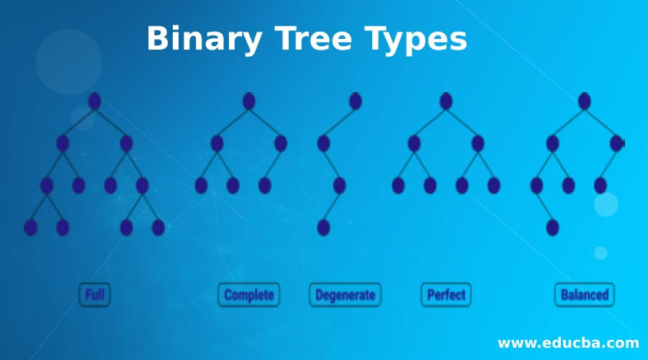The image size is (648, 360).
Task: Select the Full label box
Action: coord(94,294)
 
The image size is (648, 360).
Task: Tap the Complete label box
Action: coord(248,294)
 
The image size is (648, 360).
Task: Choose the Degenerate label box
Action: coord(345,294)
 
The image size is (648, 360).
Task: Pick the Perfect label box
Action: coord(446,294)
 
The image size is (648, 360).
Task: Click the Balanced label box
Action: coord(584,294)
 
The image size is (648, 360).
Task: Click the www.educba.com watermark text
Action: coord(568,342)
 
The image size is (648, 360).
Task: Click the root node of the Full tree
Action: coord(94,102)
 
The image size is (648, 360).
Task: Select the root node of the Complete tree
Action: coord(248,102)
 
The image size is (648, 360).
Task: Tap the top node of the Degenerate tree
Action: coord(355,102)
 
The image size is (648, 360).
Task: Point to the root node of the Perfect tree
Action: coord(446,102)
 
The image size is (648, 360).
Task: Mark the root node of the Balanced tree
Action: coord(584,102)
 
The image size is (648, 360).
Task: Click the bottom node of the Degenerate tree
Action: coord(323,228)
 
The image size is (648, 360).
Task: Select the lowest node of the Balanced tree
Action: coord(552,228)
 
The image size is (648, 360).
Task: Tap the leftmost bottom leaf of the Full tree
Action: coord(30,228)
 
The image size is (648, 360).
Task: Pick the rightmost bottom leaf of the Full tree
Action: coord(158,228)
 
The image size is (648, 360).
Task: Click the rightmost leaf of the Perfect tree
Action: coord(493,186)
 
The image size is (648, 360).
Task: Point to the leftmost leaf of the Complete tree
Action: coord(201,186)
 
